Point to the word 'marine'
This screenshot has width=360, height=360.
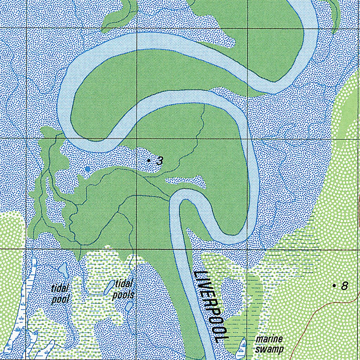click(269, 340)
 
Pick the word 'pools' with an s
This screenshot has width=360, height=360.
click(123, 295)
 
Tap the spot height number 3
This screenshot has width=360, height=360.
click(160, 161)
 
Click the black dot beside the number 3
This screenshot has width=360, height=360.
click(149, 160)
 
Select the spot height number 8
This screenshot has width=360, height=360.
click(345, 286)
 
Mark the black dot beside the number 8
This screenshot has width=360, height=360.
click(334, 285)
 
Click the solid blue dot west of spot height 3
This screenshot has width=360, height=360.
click(88, 169)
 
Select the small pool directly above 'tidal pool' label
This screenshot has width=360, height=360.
click(63, 270)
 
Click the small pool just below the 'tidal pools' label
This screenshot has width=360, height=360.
click(129, 307)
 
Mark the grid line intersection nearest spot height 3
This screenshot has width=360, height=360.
click(137, 139)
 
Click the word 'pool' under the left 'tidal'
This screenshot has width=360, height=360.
click(60, 299)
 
